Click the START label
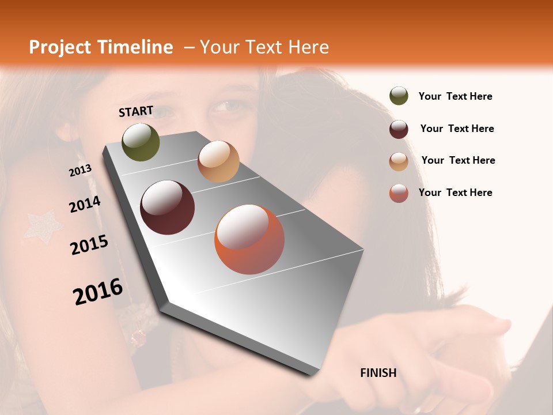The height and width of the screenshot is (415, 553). tap(136, 111)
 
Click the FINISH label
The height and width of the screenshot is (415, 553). tap(378, 373)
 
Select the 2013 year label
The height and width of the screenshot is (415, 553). tap(80, 171)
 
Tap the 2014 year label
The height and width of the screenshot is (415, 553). tap(85, 205)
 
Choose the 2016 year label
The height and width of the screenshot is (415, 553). tap(98, 292)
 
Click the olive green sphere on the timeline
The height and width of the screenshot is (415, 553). tap(141, 142)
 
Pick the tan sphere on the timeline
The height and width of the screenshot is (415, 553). tap(218, 161)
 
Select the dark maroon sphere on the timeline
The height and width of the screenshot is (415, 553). tap(167, 207)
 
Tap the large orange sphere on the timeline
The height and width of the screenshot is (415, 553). tap(249, 239)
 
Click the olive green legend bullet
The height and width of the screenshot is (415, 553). tap(399, 96)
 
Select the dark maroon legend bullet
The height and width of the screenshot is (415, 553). tap(399, 129)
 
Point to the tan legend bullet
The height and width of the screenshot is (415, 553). tap(399, 161)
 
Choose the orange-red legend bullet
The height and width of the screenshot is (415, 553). tap(399, 193)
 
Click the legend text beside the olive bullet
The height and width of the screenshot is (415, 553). tap(455, 96)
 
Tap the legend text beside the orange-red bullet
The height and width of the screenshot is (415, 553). tap(455, 193)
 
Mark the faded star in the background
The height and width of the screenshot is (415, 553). tap(43, 227)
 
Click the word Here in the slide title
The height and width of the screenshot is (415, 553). tap(308, 47)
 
